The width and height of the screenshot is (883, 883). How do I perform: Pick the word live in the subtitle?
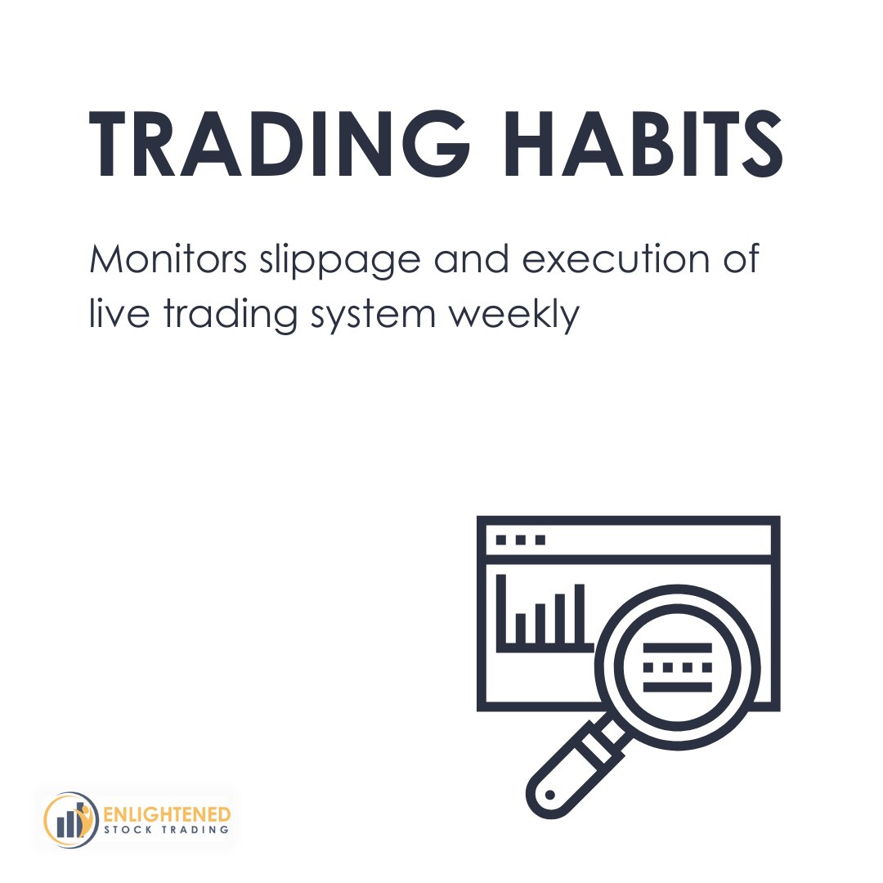[x=112, y=312]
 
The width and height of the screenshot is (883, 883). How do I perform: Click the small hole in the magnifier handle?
[x=549, y=794]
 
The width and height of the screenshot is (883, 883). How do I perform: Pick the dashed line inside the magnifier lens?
[x=678, y=667]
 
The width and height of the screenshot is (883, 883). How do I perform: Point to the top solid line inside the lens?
[x=678, y=648]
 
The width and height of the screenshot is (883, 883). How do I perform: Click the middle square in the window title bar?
[x=520, y=540]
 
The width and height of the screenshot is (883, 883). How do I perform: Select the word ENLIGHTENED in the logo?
[x=168, y=814]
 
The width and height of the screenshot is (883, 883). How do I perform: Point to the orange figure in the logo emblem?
[x=85, y=811]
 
